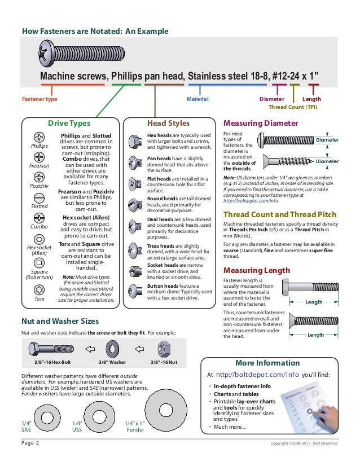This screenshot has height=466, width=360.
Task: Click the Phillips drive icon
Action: [39, 137]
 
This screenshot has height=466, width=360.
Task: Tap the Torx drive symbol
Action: [39, 290]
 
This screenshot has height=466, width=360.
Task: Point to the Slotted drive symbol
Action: [39, 197]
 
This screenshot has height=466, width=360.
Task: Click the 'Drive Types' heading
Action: [69, 123]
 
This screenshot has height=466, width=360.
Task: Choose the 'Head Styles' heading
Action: [168, 123]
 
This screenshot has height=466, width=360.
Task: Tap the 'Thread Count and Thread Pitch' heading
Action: [280, 214]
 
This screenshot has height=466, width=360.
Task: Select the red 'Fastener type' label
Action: [39, 99]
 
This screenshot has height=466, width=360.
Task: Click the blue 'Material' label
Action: [197, 99]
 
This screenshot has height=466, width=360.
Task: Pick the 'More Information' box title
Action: [273, 362]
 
